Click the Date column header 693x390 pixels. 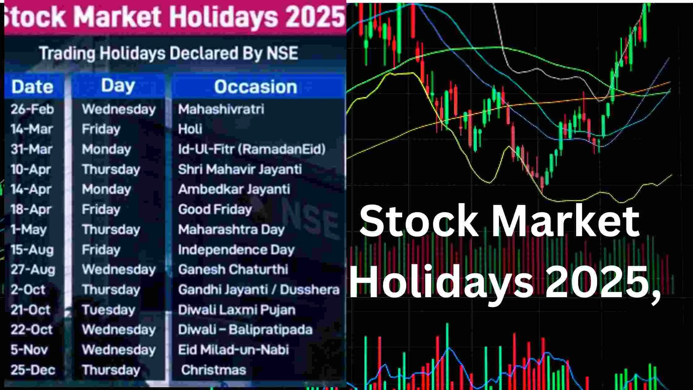[x=32, y=86]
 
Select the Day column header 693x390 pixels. [x=118, y=85]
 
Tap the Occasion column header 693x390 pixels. [x=256, y=86]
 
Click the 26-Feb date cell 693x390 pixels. [x=32, y=109]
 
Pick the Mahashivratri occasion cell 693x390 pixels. [x=221, y=109]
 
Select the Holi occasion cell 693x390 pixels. [x=190, y=129]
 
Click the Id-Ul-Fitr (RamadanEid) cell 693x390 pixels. [x=252, y=149]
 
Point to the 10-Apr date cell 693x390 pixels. [x=31, y=169]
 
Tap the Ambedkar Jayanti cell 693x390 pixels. [x=234, y=189]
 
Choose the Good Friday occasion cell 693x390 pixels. [x=215, y=210]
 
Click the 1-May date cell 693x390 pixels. [x=28, y=229]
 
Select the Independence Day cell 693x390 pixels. [x=236, y=250]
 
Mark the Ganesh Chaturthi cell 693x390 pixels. [x=233, y=269]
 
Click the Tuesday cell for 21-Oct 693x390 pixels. [x=108, y=310]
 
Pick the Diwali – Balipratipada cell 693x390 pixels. [x=245, y=330]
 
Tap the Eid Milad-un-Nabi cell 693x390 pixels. [x=233, y=350]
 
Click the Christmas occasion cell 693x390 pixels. [x=213, y=370]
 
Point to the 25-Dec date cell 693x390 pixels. [x=33, y=370]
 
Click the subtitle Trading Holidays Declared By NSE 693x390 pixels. [x=169, y=53]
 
